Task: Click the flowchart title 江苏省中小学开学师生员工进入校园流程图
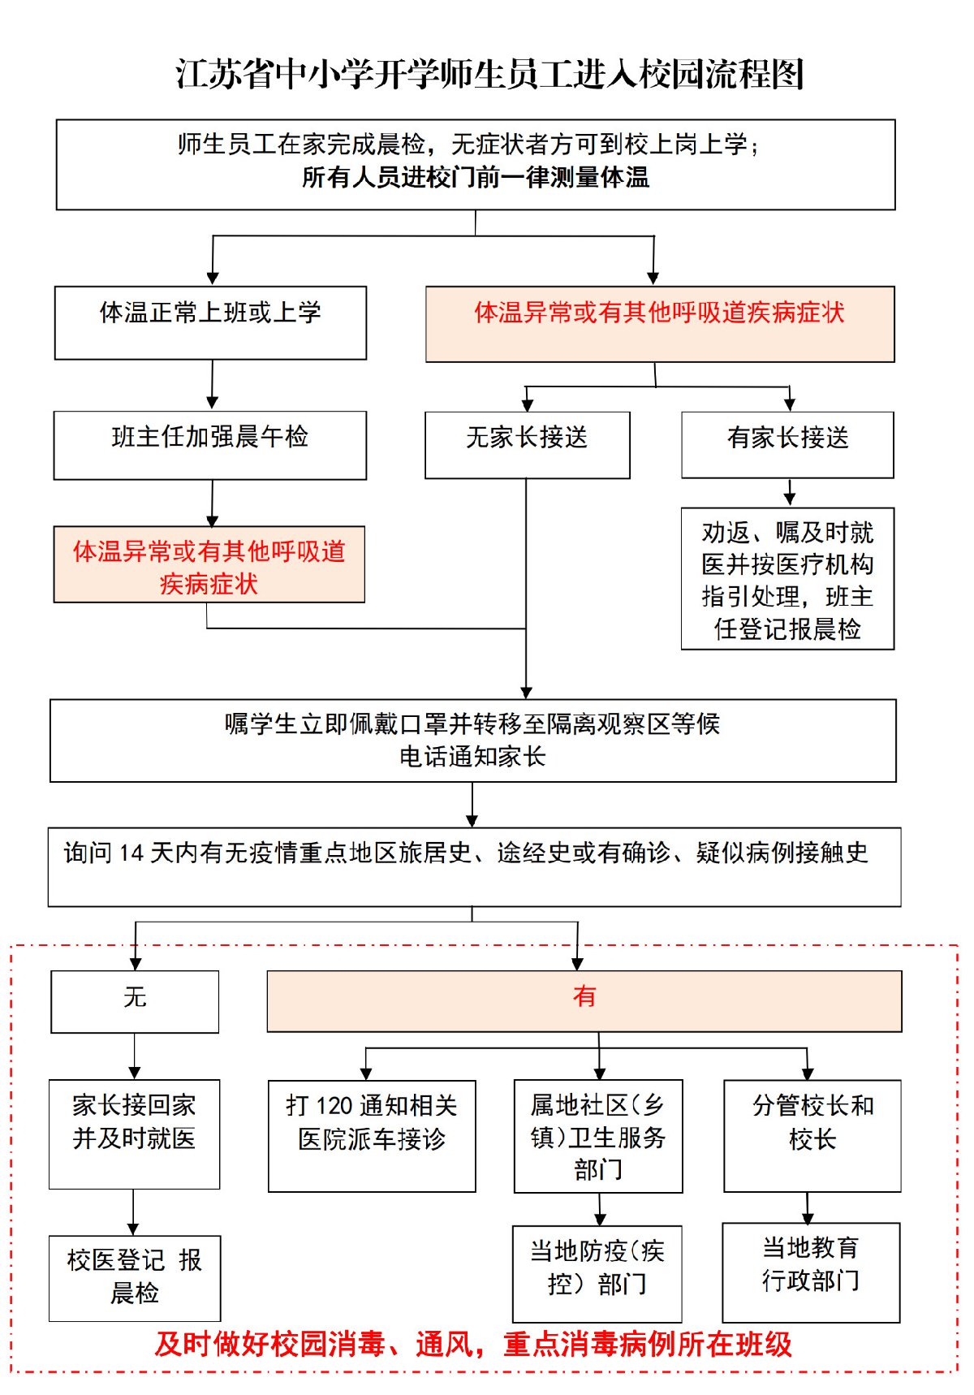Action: click(x=489, y=75)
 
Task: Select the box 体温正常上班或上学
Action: click(x=210, y=322)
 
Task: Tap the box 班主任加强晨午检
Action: click(x=210, y=445)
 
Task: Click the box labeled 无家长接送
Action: click(x=527, y=444)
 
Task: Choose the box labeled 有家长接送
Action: click(x=787, y=444)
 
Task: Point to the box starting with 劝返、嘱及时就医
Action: click(x=787, y=579)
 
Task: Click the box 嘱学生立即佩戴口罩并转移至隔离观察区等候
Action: click(x=472, y=740)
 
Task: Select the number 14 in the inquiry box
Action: click(x=131, y=853)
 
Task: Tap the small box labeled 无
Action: click(x=135, y=1001)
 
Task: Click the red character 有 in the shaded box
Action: click(x=584, y=997)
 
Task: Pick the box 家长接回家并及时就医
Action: click(x=134, y=1133)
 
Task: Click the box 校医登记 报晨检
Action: click(x=134, y=1277)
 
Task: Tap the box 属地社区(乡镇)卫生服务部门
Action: click(x=598, y=1136)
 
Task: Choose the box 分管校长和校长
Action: click(x=812, y=1134)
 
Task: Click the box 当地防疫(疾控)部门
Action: click(x=597, y=1273)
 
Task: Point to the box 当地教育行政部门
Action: click(x=811, y=1272)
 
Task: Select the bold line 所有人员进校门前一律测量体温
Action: click(x=476, y=178)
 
